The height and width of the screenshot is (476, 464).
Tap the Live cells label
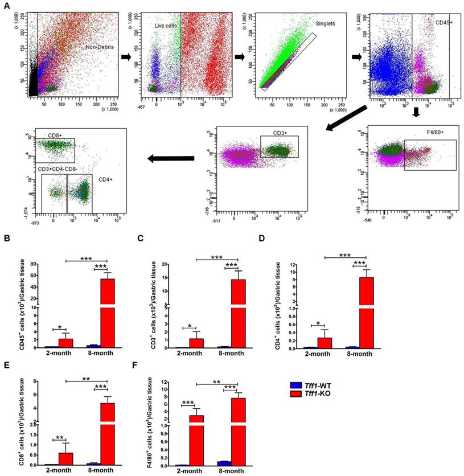click(x=166, y=26)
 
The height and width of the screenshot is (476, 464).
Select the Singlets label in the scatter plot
click(x=326, y=24)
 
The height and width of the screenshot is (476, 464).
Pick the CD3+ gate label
click(x=280, y=133)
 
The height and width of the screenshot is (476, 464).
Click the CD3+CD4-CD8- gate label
click(x=59, y=168)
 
